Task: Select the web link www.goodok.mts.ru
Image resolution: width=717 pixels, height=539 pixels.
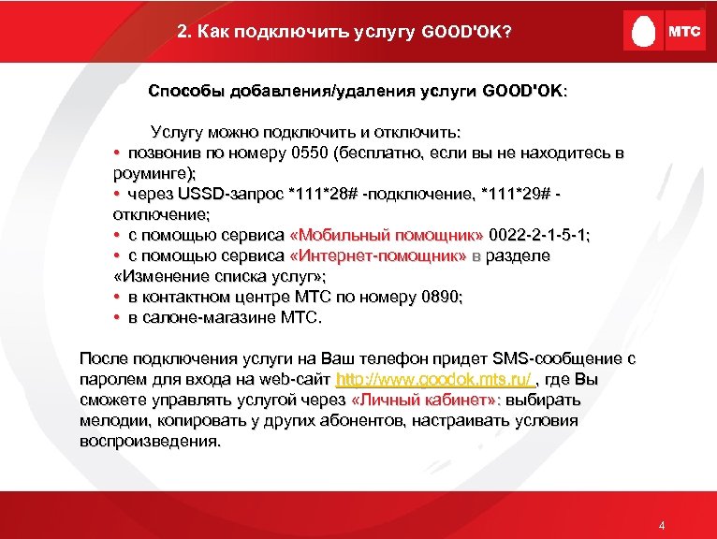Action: click(436, 380)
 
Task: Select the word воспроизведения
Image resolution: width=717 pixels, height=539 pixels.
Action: click(150, 442)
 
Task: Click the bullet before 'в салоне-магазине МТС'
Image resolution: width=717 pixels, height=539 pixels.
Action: click(114, 318)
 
